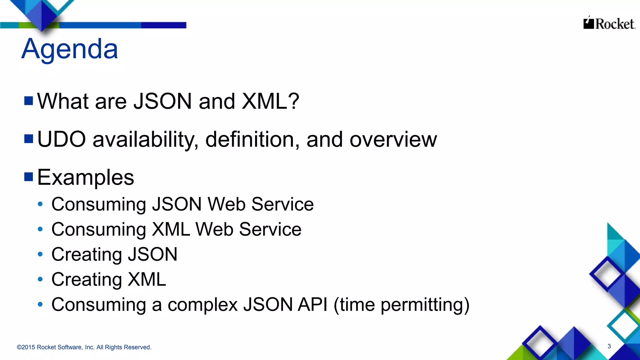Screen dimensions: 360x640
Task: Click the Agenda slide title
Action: tap(70, 49)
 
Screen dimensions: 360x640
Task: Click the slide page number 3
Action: tap(609, 346)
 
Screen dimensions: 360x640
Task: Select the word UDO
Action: tap(62, 139)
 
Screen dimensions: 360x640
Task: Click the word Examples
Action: tap(86, 177)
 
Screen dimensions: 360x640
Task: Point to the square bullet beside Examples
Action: tap(29, 177)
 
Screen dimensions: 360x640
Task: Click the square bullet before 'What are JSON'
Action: tap(29, 101)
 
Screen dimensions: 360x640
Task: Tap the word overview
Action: tap(393, 139)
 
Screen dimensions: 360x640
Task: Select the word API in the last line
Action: tap(312, 305)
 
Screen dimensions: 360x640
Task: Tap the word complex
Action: tap(202, 305)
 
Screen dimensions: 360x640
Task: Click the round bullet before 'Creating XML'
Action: tap(40, 279)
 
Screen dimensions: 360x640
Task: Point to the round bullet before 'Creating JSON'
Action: tap(40, 254)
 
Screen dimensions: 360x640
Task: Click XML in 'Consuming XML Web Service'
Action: tap(171, 229)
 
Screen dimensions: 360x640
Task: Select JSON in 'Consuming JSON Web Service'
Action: tap(177, 204)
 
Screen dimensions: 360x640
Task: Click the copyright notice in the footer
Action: tap(84, 347)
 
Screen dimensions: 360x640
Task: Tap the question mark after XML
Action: tap(294, 101)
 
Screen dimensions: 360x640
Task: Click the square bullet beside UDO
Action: tap(29, 139)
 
